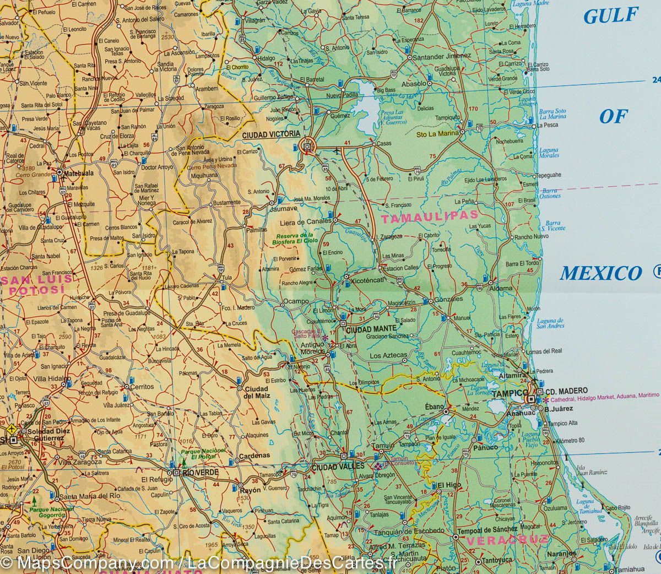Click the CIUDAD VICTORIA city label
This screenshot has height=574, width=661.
click(272, 134)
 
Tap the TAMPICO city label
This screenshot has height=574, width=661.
click(509, 394)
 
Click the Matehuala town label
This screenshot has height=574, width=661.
click(78, 172)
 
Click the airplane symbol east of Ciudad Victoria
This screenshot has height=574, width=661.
click(337, 149)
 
